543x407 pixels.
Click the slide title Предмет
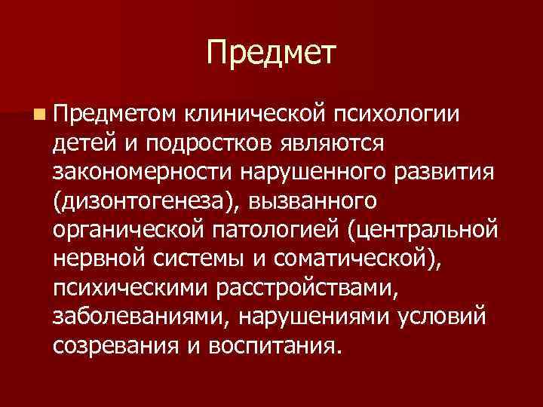(x=271, y=53)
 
